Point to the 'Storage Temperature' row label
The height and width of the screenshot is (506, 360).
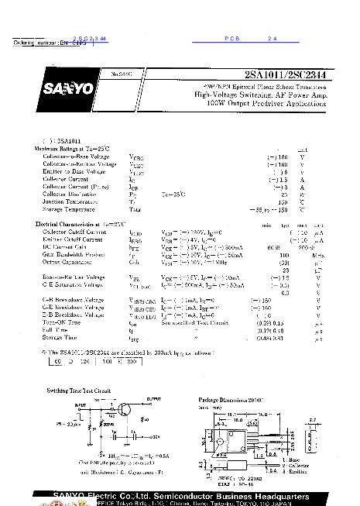(70, 208)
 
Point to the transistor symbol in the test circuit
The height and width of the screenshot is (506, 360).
(123, 411)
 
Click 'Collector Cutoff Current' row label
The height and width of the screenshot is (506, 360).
(74, 232)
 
